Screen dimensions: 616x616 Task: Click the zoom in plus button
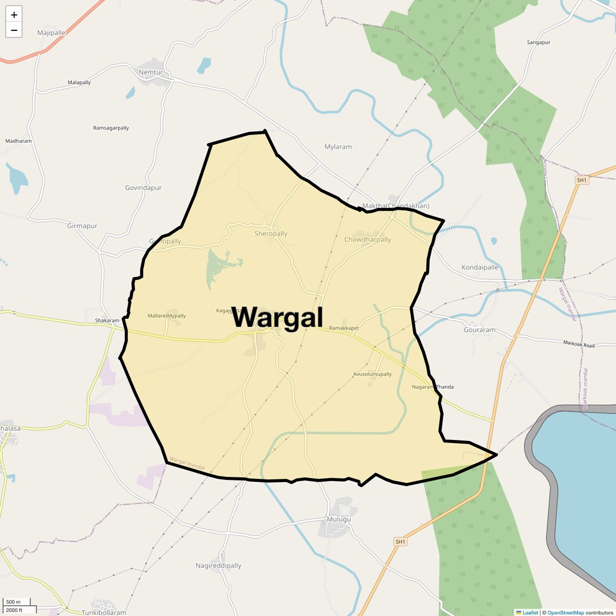[14, 15]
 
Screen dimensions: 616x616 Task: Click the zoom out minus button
[14, 30]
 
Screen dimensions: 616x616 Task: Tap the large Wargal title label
[277, 317]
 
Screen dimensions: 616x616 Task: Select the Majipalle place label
[51, 33]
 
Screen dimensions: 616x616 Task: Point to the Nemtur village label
[150, 72]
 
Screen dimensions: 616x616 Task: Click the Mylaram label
[338, 147]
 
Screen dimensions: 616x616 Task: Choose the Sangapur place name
[538, 42]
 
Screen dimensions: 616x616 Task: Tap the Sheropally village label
[271, 234]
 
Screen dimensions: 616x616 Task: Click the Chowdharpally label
[367, 240]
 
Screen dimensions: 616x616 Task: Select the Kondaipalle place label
[480, 267]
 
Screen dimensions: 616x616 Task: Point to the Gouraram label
[479, 330]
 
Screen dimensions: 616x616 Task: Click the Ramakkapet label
[344, 329]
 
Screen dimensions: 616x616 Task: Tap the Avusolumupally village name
[372, 374]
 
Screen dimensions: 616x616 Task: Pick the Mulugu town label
[339, 519]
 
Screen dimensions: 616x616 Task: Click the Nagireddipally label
[218, 566]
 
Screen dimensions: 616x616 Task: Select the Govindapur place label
[143, 188]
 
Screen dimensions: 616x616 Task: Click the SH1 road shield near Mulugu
[400, 541]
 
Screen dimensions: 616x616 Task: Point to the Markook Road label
[579, 344]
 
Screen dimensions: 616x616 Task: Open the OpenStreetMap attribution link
[565, 613]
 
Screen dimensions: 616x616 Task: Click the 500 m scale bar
[16, 602]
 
